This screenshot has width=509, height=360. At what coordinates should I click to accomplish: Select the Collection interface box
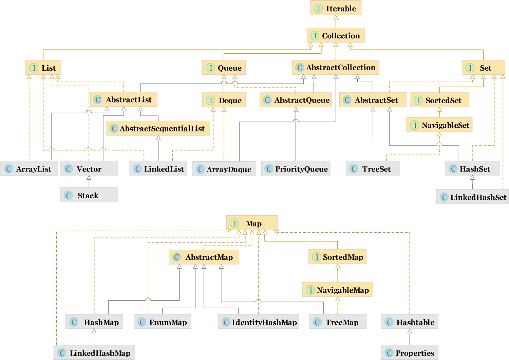coord(336,35)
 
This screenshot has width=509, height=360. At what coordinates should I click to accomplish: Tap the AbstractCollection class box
coord(336,67)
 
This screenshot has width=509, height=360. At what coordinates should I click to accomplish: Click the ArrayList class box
coord(29,168)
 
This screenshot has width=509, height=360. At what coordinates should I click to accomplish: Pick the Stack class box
coord(89,195)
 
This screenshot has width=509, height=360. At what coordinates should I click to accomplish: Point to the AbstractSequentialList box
coord(158,128)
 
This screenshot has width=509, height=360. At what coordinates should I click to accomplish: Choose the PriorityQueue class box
coord(296,168)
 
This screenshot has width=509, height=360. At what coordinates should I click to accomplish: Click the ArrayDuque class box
coord(224,169)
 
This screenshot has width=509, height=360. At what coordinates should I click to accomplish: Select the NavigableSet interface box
coord(439,125)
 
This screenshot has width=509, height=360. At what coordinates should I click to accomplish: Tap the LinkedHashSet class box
coord(473,197)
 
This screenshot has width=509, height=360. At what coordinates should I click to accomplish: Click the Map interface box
coord(252,223)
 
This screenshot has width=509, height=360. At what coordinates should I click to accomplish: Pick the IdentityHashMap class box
coord(258,322)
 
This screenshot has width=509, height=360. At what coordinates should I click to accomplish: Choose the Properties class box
coord(410,353)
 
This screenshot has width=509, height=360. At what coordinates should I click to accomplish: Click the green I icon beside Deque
coord(211,100)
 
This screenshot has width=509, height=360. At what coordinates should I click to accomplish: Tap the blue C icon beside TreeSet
coord(354,169)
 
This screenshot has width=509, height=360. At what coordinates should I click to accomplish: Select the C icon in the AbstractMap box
coord(176,257)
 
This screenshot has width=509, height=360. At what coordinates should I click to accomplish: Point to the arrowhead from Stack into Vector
coord(89,178)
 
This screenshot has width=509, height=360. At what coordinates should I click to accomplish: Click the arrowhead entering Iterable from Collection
coord(336,17)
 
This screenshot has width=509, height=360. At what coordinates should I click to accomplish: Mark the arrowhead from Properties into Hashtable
coord(410,331)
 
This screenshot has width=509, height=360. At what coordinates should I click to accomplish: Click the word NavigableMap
coord(343,290)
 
